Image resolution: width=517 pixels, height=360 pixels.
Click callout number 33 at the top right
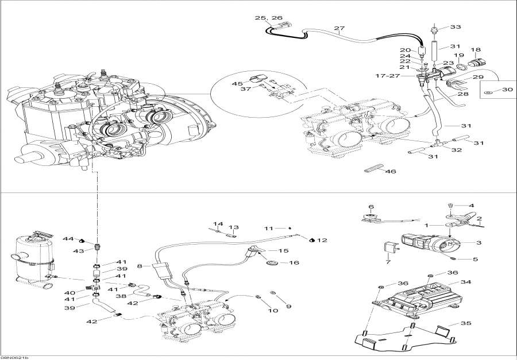point(456,27)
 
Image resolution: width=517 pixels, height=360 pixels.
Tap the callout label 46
point(391,171)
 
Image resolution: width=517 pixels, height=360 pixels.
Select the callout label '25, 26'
point(269,18)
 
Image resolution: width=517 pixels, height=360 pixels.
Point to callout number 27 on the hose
point(339,29)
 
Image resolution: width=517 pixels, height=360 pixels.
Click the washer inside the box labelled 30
point(488,91)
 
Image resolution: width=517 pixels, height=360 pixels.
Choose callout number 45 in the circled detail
point(254,84)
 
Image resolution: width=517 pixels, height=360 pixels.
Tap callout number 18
point(476,50)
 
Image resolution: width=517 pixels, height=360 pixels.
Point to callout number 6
point(371,207)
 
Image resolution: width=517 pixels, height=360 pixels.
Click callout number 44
point(68,238)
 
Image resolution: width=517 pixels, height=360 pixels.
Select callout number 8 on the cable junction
point(140,266)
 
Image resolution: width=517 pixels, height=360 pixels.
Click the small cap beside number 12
point(311,239)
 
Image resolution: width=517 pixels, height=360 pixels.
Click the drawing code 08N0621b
point(15,357)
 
